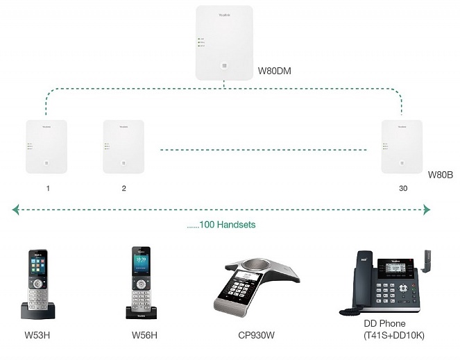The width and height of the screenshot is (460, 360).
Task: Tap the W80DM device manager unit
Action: [224, 42]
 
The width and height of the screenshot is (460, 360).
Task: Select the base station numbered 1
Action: [46, 146]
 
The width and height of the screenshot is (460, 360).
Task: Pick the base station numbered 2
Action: [123, 146]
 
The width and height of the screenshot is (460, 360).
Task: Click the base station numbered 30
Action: [402, 146]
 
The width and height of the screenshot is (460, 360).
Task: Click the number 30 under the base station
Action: [403, 189]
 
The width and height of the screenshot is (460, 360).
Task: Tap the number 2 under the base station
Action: [124, 189]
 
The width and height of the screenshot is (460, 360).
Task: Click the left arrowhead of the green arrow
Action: [15, 209]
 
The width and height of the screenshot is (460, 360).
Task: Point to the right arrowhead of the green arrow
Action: [427, 209]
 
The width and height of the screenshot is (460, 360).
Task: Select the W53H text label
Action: [37, 336]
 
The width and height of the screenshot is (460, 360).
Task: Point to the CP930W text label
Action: [257, 336]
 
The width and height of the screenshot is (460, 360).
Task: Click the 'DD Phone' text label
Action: [384, 324]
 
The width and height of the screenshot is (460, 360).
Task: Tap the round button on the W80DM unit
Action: [224, 65]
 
